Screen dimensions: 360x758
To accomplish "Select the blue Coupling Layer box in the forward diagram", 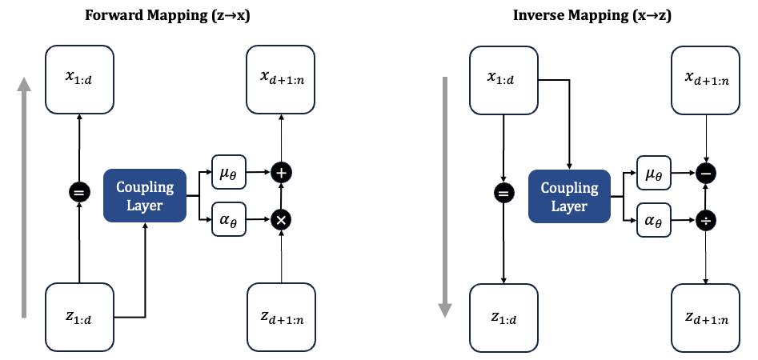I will (x=144, y=196).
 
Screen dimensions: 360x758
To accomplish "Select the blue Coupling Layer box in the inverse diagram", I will (x=569, y=196).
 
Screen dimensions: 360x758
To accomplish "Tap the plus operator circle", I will (x=281, y=172).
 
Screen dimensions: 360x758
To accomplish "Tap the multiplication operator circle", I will (x=281, y=218).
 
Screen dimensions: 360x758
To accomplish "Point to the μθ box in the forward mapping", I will (x=228, y=172).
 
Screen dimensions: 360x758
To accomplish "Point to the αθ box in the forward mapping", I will (x=228, y=218).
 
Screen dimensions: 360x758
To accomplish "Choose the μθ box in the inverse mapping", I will (x=653, y=172).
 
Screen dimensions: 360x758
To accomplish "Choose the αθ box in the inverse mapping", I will (x=653, y=218).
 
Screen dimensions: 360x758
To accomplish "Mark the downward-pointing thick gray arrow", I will (x=447, y=196).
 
